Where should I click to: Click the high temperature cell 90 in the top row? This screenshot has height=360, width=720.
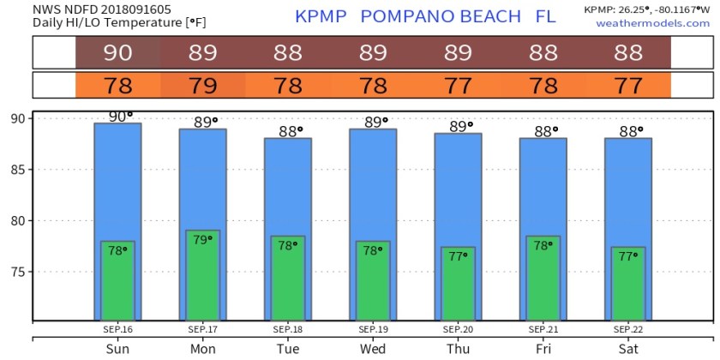117,53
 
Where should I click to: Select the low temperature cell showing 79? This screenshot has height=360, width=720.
202,86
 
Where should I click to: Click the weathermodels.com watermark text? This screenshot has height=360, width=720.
653,22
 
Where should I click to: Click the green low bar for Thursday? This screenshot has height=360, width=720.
458,287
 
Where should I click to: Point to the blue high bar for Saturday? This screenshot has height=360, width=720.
628,189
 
